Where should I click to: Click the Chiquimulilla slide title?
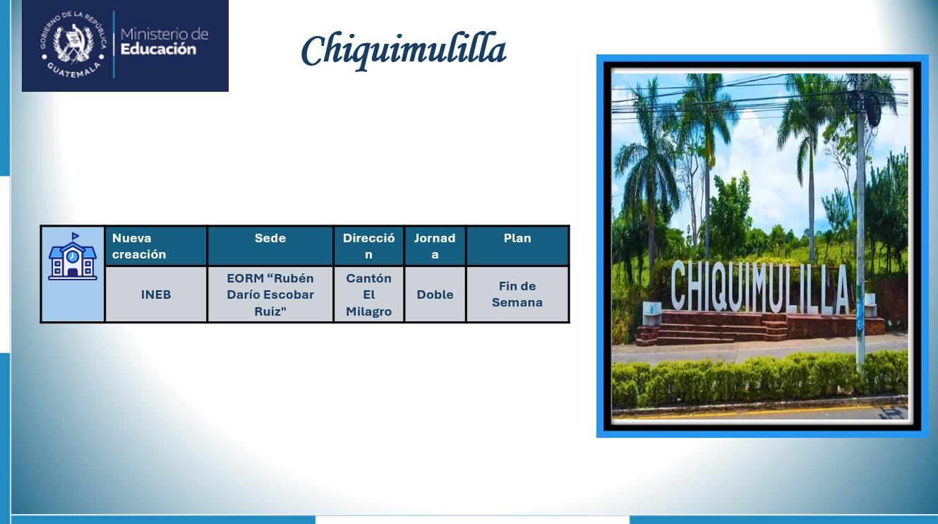tap(404, 50)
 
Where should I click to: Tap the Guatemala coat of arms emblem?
tap(73, 44)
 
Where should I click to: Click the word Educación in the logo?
tap(158, 49)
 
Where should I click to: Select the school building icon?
tap(73, 256)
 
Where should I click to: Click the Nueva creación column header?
tap(156, 246)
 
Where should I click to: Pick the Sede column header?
tap(270, 246)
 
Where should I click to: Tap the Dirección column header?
tap(368, 246)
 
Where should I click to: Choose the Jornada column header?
tap(435, 246)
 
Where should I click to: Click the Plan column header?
tap(517, 246)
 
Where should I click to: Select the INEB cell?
tap(156, 294)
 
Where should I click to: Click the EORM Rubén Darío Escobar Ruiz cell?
tap(270, 294)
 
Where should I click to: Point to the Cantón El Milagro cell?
tap(368, 294)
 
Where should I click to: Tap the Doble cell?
tap(435, 294)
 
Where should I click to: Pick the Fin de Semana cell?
tap(517, 294)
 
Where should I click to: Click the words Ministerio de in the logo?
tap(164, 34)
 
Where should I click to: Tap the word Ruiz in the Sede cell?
tap(270, 311)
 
